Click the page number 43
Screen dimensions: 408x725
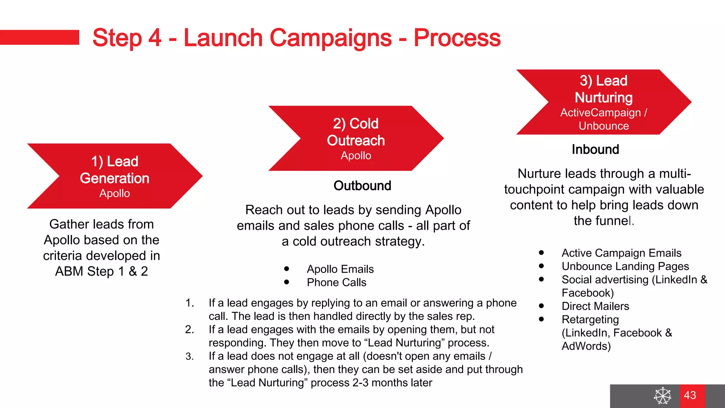690,395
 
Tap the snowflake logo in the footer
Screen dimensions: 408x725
662,396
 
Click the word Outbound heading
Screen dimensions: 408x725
362,186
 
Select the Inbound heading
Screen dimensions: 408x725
595,149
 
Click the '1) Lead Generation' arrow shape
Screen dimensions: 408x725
115,176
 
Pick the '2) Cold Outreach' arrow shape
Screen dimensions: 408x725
356,138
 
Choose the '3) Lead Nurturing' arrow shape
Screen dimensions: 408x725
604,102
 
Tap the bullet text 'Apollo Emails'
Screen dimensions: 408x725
340,269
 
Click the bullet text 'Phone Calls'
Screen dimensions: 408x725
336,283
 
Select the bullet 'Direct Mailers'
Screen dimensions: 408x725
595,306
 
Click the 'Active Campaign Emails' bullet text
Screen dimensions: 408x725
621,253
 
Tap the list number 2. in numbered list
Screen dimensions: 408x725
190,330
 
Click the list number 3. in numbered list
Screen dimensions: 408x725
190,356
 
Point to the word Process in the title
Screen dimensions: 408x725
457,38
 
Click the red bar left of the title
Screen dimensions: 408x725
39,37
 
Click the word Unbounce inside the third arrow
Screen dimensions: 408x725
604,126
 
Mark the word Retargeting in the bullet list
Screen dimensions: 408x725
590,319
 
